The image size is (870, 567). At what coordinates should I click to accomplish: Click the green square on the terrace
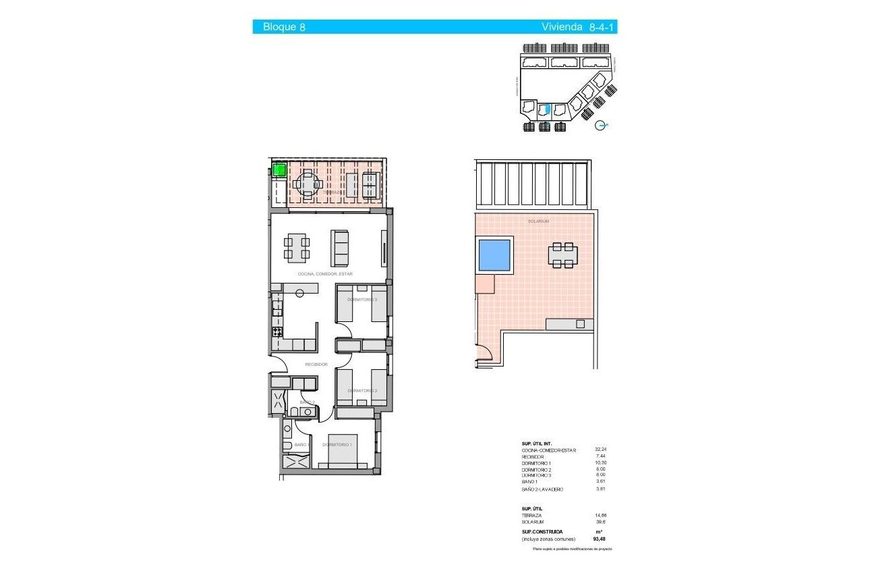(279, 169)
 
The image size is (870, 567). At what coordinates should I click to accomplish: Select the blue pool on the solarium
(494, 254)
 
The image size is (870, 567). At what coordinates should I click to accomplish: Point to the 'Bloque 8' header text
(279, 28)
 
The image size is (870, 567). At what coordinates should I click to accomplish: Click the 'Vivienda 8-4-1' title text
(579, 28)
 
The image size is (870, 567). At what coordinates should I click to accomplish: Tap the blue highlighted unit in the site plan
(548, 109)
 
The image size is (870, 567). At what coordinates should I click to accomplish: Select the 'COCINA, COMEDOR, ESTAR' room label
(325, 274)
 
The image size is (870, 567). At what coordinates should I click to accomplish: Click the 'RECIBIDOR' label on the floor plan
(316, 364)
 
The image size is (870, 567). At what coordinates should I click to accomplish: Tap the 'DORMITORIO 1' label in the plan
(337, 445)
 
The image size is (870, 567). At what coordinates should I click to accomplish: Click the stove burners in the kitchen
(277, 331)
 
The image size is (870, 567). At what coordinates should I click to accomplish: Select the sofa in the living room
(340, 248)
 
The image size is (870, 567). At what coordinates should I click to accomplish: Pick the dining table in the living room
(297, 248)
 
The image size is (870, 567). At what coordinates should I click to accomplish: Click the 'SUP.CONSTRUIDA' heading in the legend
(542, 531)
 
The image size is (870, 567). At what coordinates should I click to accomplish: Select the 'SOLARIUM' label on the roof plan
(538, 221)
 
